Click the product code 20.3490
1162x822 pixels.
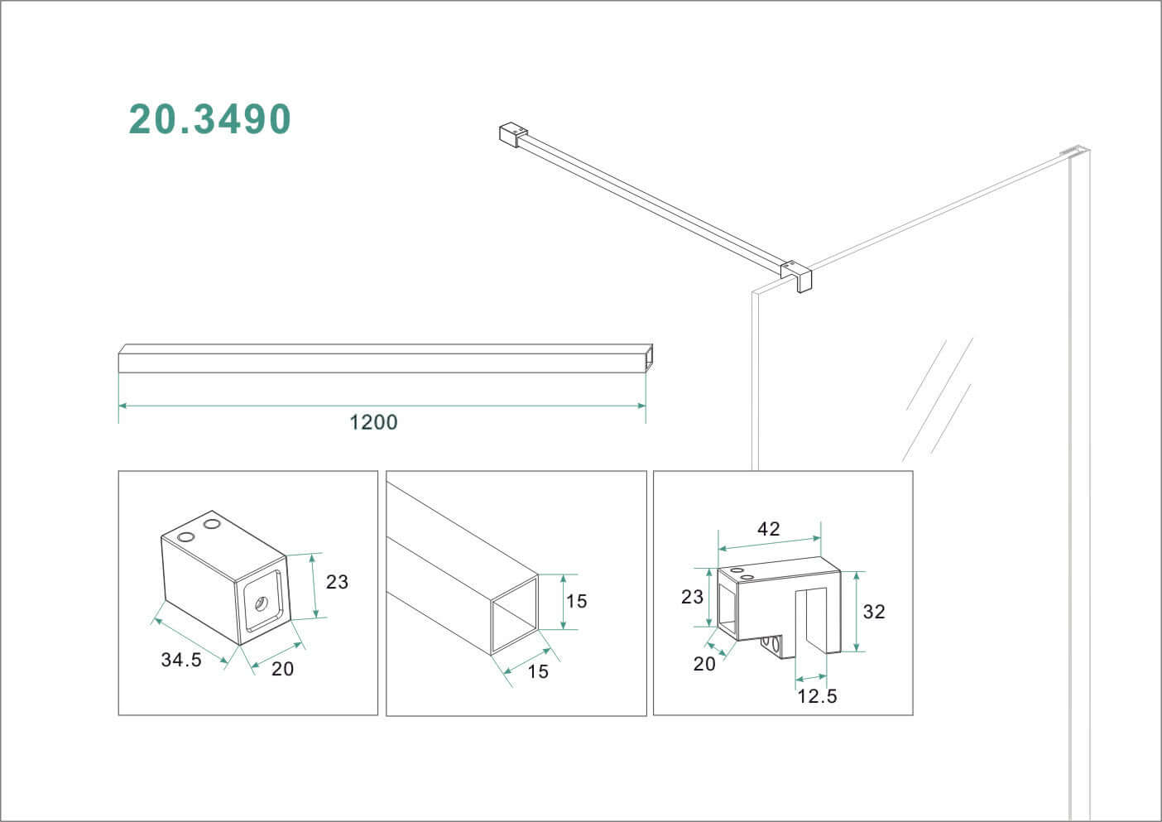209,119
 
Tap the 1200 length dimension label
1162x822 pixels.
373,422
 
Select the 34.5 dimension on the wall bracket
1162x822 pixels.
181,660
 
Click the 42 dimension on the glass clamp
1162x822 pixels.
768,529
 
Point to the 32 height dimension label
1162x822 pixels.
874,612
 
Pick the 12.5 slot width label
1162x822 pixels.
817,696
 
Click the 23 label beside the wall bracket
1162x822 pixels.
337,582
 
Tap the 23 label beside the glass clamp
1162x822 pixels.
692,597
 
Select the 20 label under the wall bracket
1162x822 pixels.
282,669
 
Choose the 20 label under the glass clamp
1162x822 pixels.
704,664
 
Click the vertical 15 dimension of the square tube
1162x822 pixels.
576,601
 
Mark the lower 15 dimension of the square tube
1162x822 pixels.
538,671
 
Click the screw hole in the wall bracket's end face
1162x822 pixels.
260,604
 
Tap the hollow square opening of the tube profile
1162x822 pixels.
514,614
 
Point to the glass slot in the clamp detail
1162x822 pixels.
811,623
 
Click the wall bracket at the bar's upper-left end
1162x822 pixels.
513,135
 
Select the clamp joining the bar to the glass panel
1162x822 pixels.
797,275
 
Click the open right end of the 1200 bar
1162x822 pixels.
648,358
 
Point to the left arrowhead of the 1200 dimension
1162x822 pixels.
123,406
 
